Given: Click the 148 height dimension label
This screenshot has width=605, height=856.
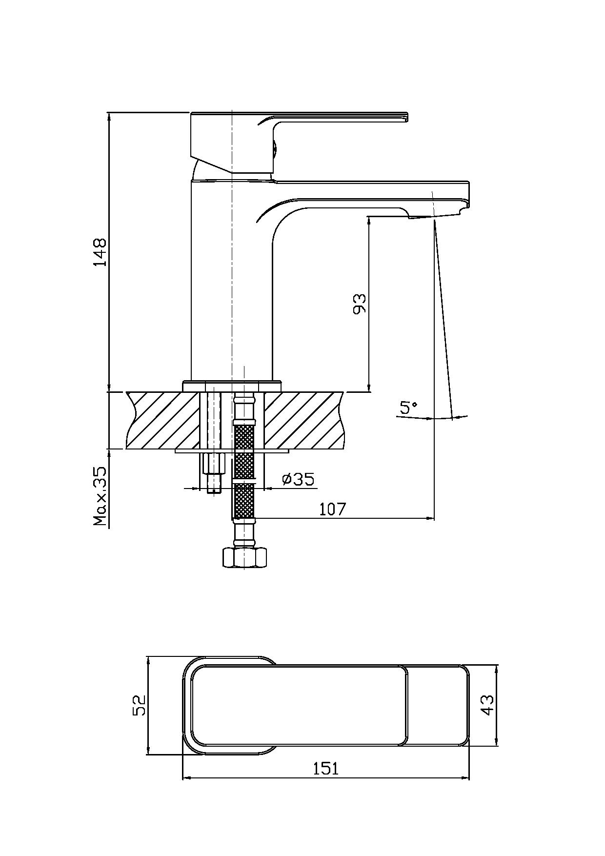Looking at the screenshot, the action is [101, 252].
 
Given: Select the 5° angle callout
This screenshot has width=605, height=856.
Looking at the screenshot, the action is [409, 407].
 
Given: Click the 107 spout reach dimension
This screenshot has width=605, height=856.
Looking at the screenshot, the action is [332, 509].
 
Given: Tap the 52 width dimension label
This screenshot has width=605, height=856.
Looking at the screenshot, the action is [140, 705].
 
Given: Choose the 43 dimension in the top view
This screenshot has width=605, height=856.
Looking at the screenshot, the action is [487, 705].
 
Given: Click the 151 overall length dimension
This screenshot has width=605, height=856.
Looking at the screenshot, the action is [325, 769].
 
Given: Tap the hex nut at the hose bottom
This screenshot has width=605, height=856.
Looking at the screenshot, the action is [244, 557].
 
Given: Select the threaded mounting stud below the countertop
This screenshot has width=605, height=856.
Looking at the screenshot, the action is [213, 473].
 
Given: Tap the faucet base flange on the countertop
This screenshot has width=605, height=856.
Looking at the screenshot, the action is [232, 386].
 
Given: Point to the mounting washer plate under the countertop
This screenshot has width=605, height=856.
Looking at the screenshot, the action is [232, 451].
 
